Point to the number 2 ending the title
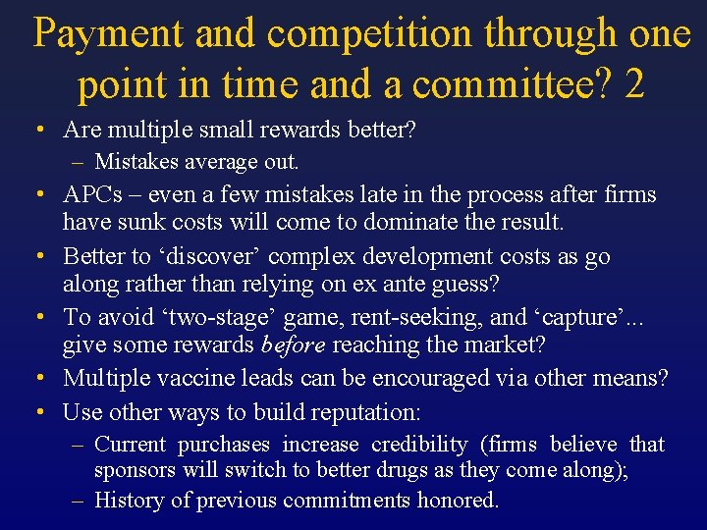[x=634, y=85]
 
